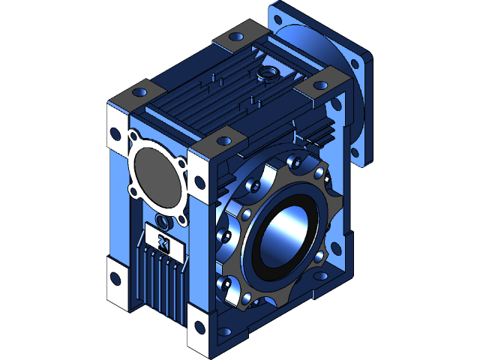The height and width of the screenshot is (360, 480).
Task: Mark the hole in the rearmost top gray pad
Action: pos(238,36)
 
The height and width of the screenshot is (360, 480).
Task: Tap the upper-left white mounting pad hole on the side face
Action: pos(114,133)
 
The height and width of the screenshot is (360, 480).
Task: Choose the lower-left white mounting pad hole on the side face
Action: pos(114,277)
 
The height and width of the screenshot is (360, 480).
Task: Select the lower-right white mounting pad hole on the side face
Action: pos(199,325)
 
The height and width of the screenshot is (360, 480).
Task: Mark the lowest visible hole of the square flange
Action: pos(367,156)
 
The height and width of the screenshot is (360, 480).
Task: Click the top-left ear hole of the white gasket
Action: pos(134,137)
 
